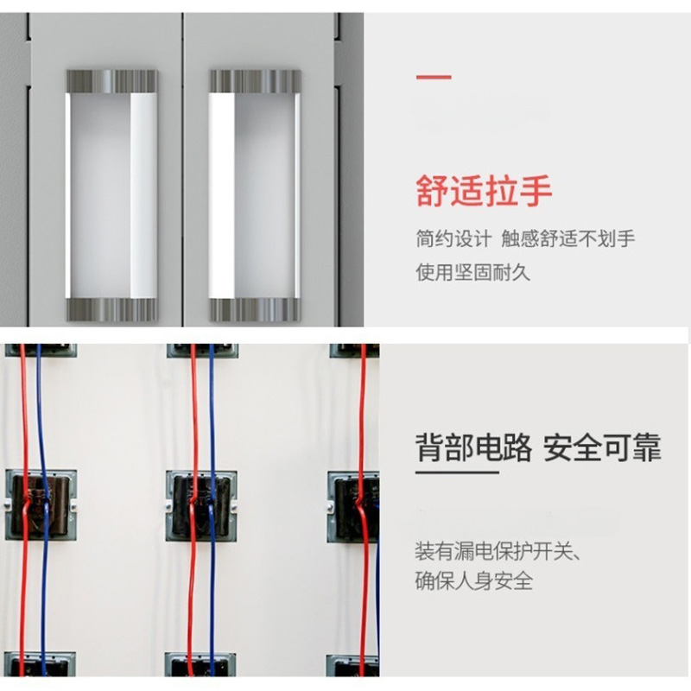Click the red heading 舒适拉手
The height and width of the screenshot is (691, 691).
[484, 191]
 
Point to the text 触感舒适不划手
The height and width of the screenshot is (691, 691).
[568, 239]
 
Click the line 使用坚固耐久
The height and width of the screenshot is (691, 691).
[472, 273]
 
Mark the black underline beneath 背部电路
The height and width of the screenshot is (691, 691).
[457, 472]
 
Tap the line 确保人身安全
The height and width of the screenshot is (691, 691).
[473, 580]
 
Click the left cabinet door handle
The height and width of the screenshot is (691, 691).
[111, 195]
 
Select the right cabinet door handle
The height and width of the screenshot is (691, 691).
[255, 195]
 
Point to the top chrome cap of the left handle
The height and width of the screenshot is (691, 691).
[111, 81]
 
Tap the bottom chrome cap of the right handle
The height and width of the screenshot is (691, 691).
[255, 310]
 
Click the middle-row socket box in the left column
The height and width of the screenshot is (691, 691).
[41, 505]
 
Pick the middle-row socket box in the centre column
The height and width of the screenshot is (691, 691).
[200, 505]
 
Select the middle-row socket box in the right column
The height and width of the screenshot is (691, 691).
[354, 505]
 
